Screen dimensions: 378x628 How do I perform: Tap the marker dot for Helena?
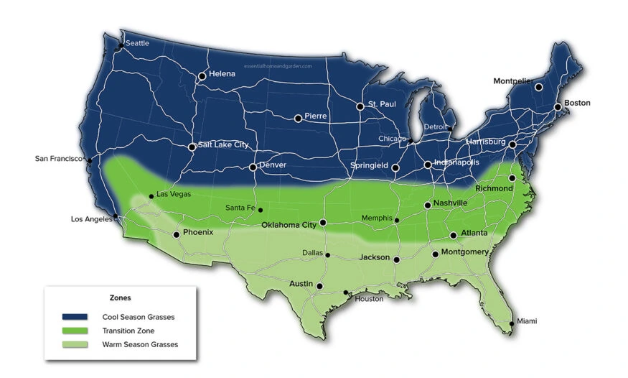(x=202, y=75)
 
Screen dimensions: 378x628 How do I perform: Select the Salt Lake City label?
(x=223, y=144)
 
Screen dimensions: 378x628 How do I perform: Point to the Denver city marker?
(x=253, y=167)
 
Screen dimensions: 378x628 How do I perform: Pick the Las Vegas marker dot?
(x=151, y=195)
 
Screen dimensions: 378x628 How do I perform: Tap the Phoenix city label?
(x=198, y=232)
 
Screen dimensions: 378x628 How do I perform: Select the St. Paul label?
(x=382, y=105)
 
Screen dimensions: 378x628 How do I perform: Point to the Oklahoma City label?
(x=289, y=225)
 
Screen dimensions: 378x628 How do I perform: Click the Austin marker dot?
(x=319, y=286)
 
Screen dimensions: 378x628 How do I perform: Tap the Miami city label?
(x=526, y=321)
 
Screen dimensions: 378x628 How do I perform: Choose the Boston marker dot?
(x=558, y=107)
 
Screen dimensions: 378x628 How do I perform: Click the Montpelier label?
(x=512, y=81)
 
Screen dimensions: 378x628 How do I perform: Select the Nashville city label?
(x=451, y=203)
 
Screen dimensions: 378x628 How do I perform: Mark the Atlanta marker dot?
(x=454, y=235)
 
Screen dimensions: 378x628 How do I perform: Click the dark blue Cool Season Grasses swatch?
(x=75, y=316)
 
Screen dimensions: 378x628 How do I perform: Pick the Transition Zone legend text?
(x=128, y=331)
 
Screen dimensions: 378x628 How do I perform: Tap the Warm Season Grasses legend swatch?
(x=75, y=344)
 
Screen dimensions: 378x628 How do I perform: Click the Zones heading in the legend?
(x=120, y=297)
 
